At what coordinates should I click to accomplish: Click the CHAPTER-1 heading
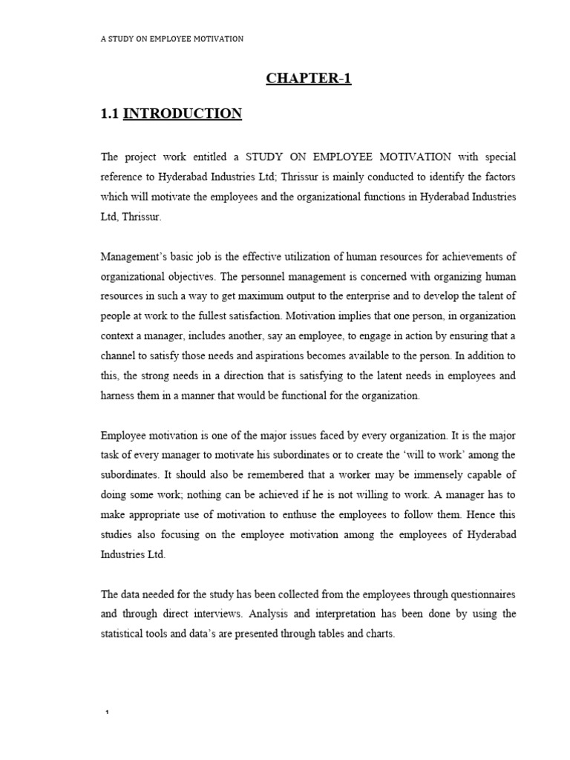pyautogui.click(x=309, y=79)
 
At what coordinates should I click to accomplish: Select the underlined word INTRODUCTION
pyautogui.click(x=182, y=114)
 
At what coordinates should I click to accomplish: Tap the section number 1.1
pyautogui.click(x=109, y=114)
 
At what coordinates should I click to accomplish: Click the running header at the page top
pyautogui.click(x=172, y=39)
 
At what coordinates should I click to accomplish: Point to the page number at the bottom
pyautogui.click(x=108, y=713)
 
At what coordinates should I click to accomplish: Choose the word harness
pyautogui.click(x=116, y=396)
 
